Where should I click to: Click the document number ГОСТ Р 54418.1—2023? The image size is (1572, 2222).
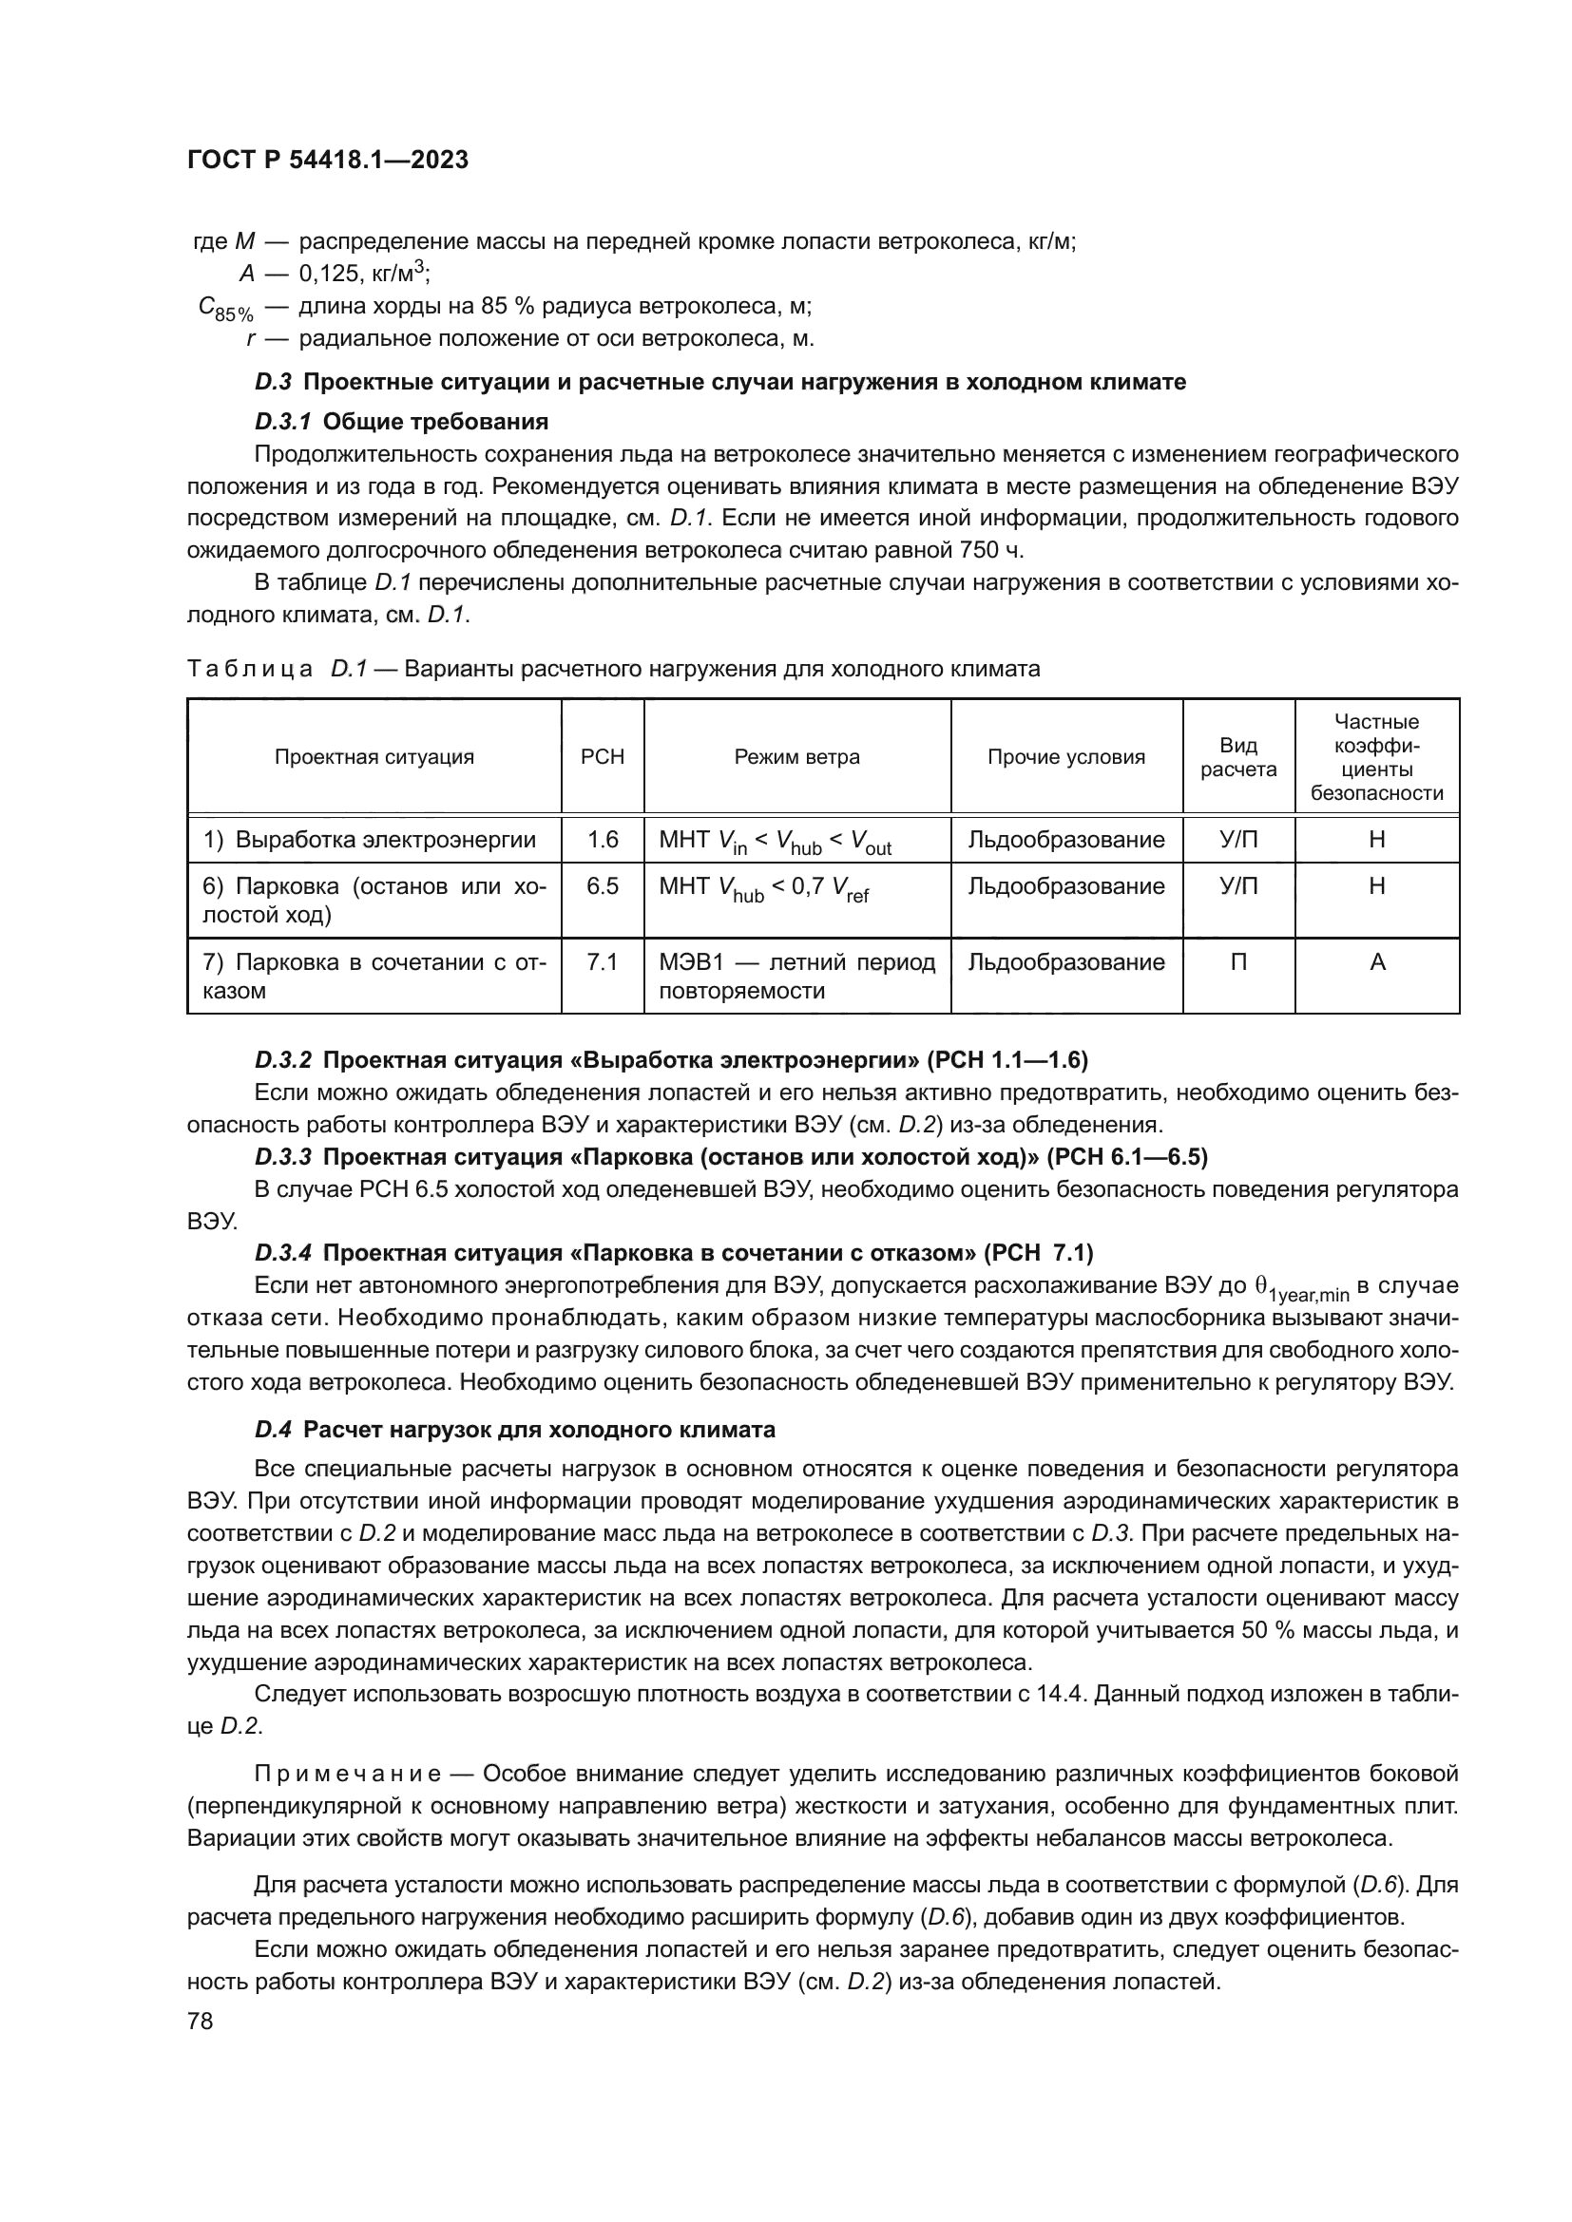click(327, 161)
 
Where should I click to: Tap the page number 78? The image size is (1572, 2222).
click(201, 2021)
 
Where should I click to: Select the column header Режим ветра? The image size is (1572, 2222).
click(796, 757)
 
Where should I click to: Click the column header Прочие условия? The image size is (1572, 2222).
click(1065, 757)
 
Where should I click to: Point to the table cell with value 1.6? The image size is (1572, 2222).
click(602, 839)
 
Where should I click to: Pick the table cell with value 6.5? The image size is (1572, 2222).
click(602, 886)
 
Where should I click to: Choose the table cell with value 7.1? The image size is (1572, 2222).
click(602, 962)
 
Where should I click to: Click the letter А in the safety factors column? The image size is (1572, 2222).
click(1377, 962)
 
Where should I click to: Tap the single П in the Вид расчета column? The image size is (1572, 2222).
click(1238, 962)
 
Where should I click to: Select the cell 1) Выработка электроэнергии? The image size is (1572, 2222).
click(370, 839)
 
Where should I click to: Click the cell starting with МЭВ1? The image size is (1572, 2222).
click(796, 976)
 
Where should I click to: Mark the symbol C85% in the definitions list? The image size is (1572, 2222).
click(225, 309)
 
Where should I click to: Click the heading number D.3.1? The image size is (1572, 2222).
click(282, 422)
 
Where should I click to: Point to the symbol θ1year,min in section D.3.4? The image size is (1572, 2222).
click(1302, 1288)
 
